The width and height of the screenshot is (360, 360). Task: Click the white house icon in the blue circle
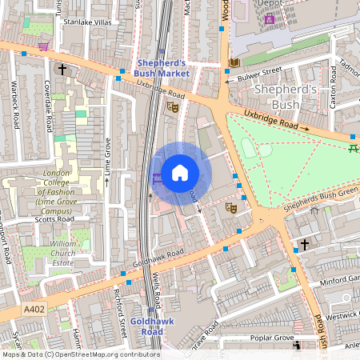(x=180, y=173)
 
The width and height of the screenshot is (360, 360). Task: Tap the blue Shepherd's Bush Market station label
(x=162, y=68)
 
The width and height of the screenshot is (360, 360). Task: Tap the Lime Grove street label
(x=106, y=158)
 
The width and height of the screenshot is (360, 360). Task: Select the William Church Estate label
(x=62, y=252)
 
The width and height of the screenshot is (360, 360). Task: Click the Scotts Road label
(x=55, y=219)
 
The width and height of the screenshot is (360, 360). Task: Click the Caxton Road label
(x=332, y=94)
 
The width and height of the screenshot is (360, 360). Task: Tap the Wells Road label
(x=158, y=291)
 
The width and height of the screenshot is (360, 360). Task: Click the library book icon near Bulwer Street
(x=234, y=62)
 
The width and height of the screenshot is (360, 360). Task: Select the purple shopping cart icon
(x=42, y=47)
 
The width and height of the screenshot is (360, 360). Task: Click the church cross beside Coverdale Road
(x=62, y=70)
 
